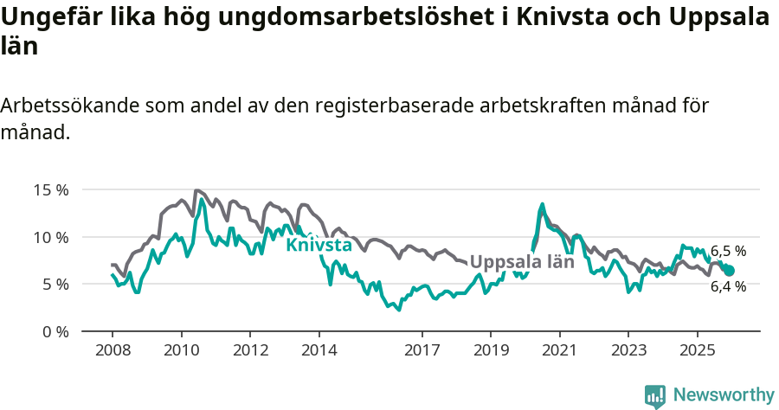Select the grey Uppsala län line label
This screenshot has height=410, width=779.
(522, 261)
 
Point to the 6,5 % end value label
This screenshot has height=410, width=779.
(728, 251)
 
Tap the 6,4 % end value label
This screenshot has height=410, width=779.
(728, 286)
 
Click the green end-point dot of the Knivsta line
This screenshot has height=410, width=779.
(729, 271)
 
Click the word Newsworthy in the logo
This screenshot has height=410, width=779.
(724, 395)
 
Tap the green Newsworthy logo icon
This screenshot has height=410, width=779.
(655, 396)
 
